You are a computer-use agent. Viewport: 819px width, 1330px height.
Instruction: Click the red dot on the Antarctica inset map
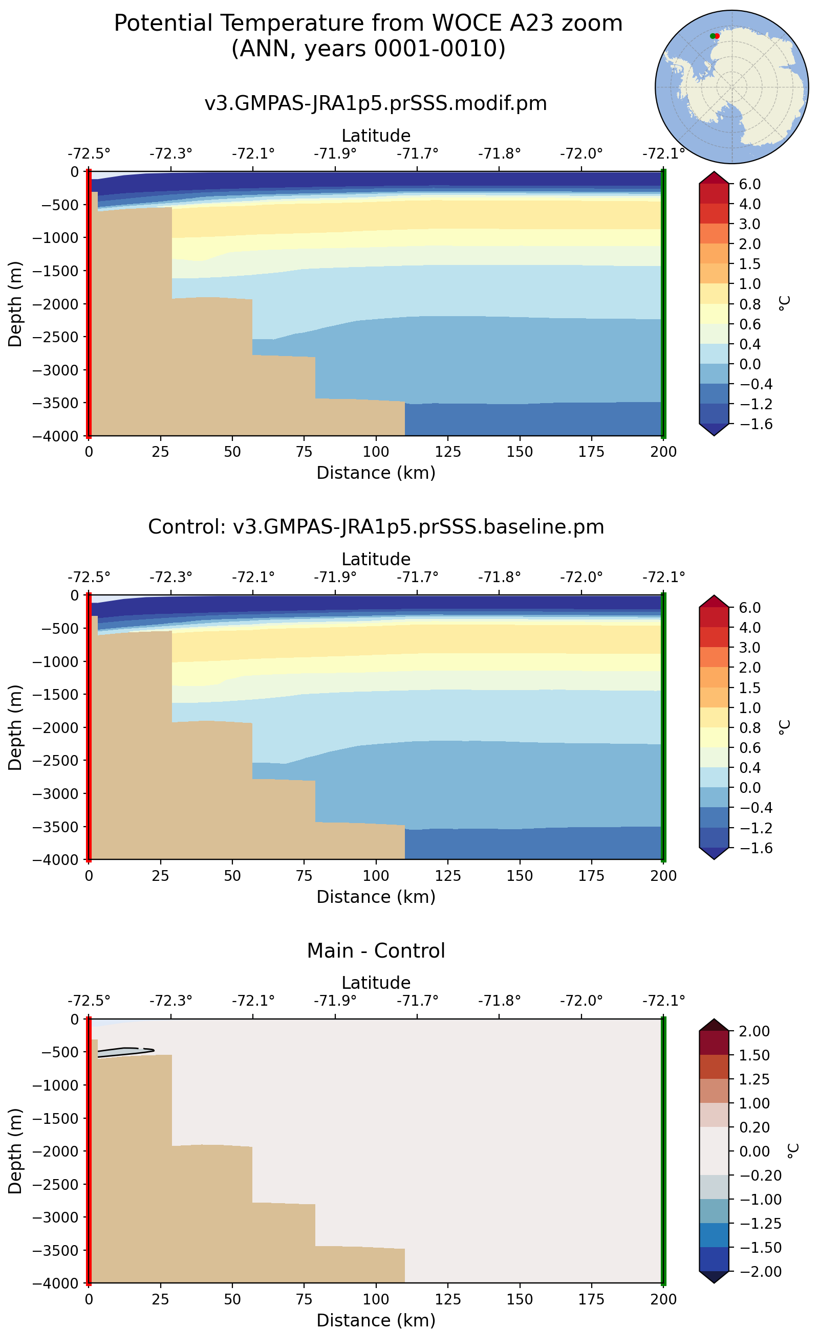pos(717,36)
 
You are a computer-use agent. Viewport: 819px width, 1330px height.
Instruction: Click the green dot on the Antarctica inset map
pos(713,36)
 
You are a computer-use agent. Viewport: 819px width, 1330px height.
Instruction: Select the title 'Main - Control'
pos(376,951)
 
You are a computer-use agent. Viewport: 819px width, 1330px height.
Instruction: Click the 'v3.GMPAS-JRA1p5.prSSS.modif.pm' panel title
pos(376,103)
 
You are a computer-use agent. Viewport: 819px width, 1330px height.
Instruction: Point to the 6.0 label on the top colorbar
pos(750,184)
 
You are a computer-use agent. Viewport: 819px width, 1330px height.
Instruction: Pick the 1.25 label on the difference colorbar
pos(754,1079)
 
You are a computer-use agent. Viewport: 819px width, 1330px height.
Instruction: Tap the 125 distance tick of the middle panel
pos(448,876)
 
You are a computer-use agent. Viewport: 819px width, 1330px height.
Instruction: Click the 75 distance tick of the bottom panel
pos(305,1299)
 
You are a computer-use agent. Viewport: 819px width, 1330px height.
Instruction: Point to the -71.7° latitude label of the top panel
pos(417,154)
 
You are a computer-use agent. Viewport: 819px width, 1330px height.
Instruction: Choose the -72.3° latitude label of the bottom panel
pos(170,1001)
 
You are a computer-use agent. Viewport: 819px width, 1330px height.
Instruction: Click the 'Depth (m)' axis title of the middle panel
pos(15,727)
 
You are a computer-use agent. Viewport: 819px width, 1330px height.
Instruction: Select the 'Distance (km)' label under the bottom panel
pos(376,1320)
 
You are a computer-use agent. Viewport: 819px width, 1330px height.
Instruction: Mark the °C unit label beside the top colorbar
pos(784,303)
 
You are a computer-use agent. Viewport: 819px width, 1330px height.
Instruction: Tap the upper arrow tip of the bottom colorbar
pos(714,1020)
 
